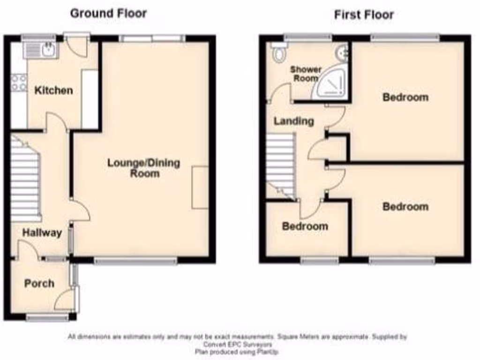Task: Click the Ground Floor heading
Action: coord(108,13)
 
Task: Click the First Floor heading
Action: coord(364,15)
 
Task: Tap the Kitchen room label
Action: coord(54,90)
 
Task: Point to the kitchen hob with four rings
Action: coord(19,83)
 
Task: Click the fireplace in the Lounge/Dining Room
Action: coord(200,187)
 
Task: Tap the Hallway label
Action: coord(42,233)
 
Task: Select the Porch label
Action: coord(39,284)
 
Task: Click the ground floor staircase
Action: coord(25,178)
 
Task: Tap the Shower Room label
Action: coord(306,74)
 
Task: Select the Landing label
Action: coord(294,121)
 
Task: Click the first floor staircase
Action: coord(280,164)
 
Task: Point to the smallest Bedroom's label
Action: coord(305,226)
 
